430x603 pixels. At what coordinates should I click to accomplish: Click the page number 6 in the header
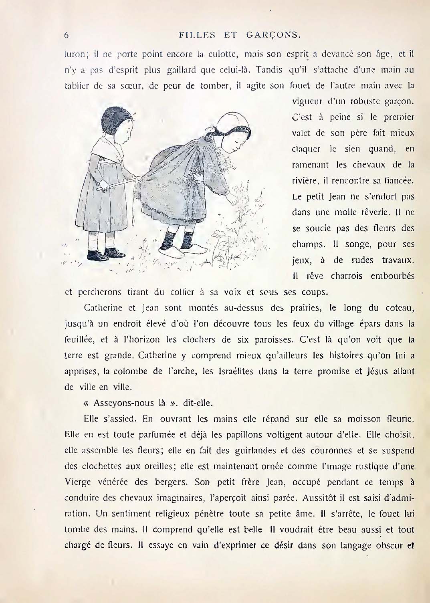click(67, 35)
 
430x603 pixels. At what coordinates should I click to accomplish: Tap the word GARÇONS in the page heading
click(273, 35)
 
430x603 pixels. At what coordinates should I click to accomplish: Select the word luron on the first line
click(74, 54)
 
